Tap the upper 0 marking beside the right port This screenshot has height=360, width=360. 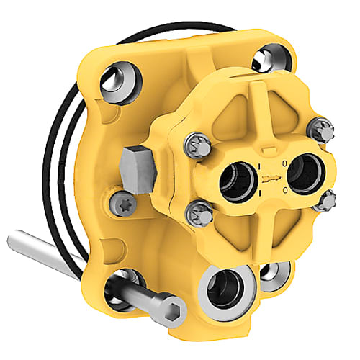click(x=286, y=164)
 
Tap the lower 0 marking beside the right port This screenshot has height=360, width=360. click(x=287, y=189)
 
